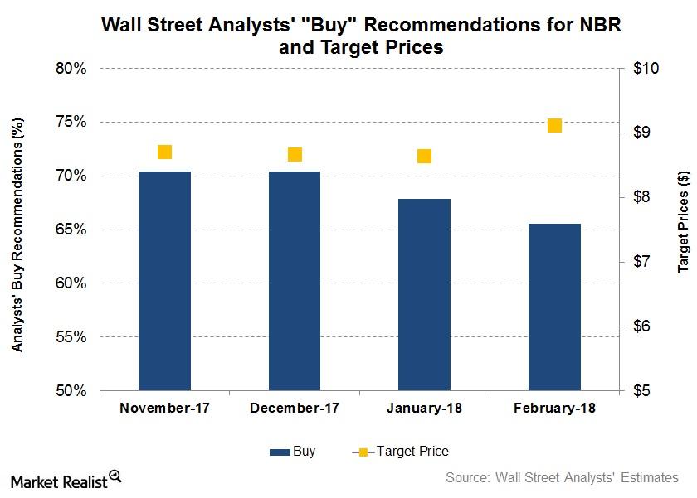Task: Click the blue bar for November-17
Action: (164, 281)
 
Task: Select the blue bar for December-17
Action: (295, 281)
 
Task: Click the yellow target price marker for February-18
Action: (554, 126)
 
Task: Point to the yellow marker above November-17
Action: (164, 152)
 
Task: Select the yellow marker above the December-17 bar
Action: (295, 155)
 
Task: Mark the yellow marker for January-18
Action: (424, 157)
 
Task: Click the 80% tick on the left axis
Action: (71, 69)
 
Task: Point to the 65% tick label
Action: (71, 230)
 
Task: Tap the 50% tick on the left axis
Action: (71, 391)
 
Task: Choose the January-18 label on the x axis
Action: (424, 409)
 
